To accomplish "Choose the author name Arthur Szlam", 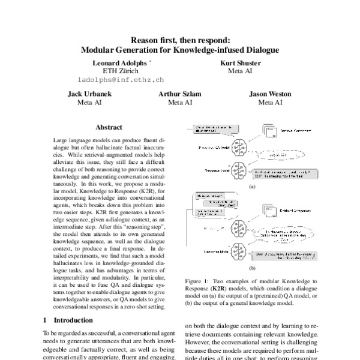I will [x=180, y=94].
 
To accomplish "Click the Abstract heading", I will [x=109, y=127].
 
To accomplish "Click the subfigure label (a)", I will [x=252, y=187].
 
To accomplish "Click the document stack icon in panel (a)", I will [x=271, y=129].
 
